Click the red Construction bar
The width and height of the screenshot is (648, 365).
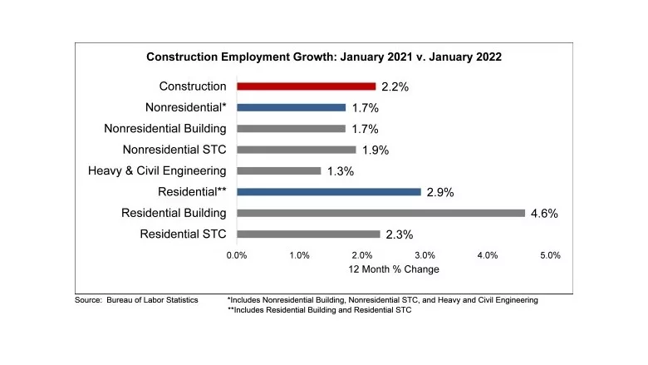click(306, 86)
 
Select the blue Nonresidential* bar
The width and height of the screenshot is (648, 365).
click(291, 107)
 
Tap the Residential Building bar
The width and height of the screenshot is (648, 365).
click(380, 213)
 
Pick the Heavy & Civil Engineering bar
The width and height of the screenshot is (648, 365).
click(278, 170)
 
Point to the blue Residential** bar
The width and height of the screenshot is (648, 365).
click(328, 191)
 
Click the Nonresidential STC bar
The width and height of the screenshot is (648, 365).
click(296, 150)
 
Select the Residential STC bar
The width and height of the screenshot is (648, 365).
click(307, 234)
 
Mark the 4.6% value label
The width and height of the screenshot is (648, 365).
click(544, 214)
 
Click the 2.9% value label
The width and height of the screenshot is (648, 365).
click(440, 192)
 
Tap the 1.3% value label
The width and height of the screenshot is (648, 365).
click(341, 171)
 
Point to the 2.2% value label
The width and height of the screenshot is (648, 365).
click(395, 86)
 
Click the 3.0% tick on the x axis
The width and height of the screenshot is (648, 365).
click(425, 255)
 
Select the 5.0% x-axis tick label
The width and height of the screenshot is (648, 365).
click(551, 255)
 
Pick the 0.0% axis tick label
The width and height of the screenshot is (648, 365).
click(237, 255)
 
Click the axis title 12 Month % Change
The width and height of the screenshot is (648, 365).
click(394, 269)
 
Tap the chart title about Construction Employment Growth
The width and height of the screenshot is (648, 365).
click(323, 57)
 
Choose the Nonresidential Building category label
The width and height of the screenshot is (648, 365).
click(165, 129)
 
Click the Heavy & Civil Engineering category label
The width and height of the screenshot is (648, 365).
click(157, 170)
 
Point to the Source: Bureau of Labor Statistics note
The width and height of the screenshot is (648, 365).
click(136, 299)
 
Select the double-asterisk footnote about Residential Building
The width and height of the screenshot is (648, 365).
click(319, 310)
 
